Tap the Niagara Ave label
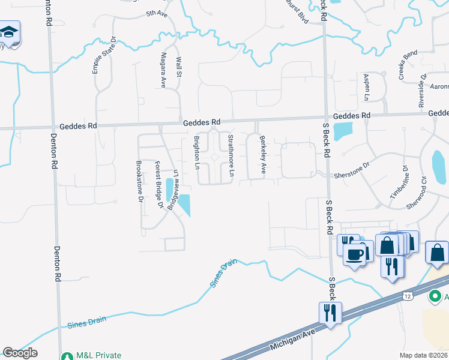tap(162, 70)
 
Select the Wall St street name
tap(178, 67)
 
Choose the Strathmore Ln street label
tap(231, 155)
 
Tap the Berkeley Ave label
tap(262, 154)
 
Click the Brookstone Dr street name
tap(140, 181)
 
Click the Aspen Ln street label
tap(366, 88)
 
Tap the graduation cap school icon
tap(10, 32)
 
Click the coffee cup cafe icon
tap(355, 254)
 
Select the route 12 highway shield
tap(408, 296)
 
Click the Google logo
tap(20, 353)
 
